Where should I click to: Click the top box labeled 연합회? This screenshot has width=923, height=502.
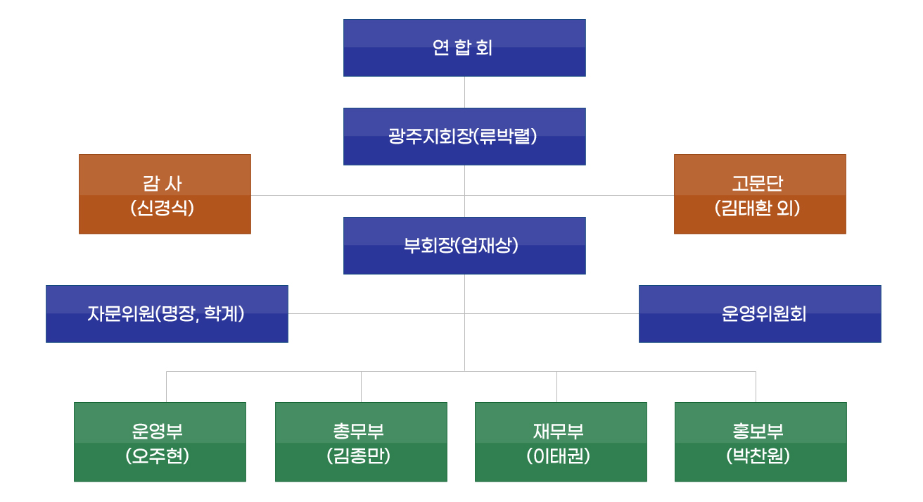point(464,48)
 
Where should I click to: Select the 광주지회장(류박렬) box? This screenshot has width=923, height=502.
point(464,137)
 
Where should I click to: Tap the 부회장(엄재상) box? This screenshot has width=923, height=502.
point(464,246)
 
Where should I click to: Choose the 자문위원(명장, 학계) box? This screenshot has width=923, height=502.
point(167,314)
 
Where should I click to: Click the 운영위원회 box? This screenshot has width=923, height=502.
point(760,314)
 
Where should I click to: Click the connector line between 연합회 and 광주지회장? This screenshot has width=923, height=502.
point(464,92)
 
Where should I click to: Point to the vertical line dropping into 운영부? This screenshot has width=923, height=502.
point(166,387)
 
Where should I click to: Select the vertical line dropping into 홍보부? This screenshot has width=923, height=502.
point(756,387)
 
